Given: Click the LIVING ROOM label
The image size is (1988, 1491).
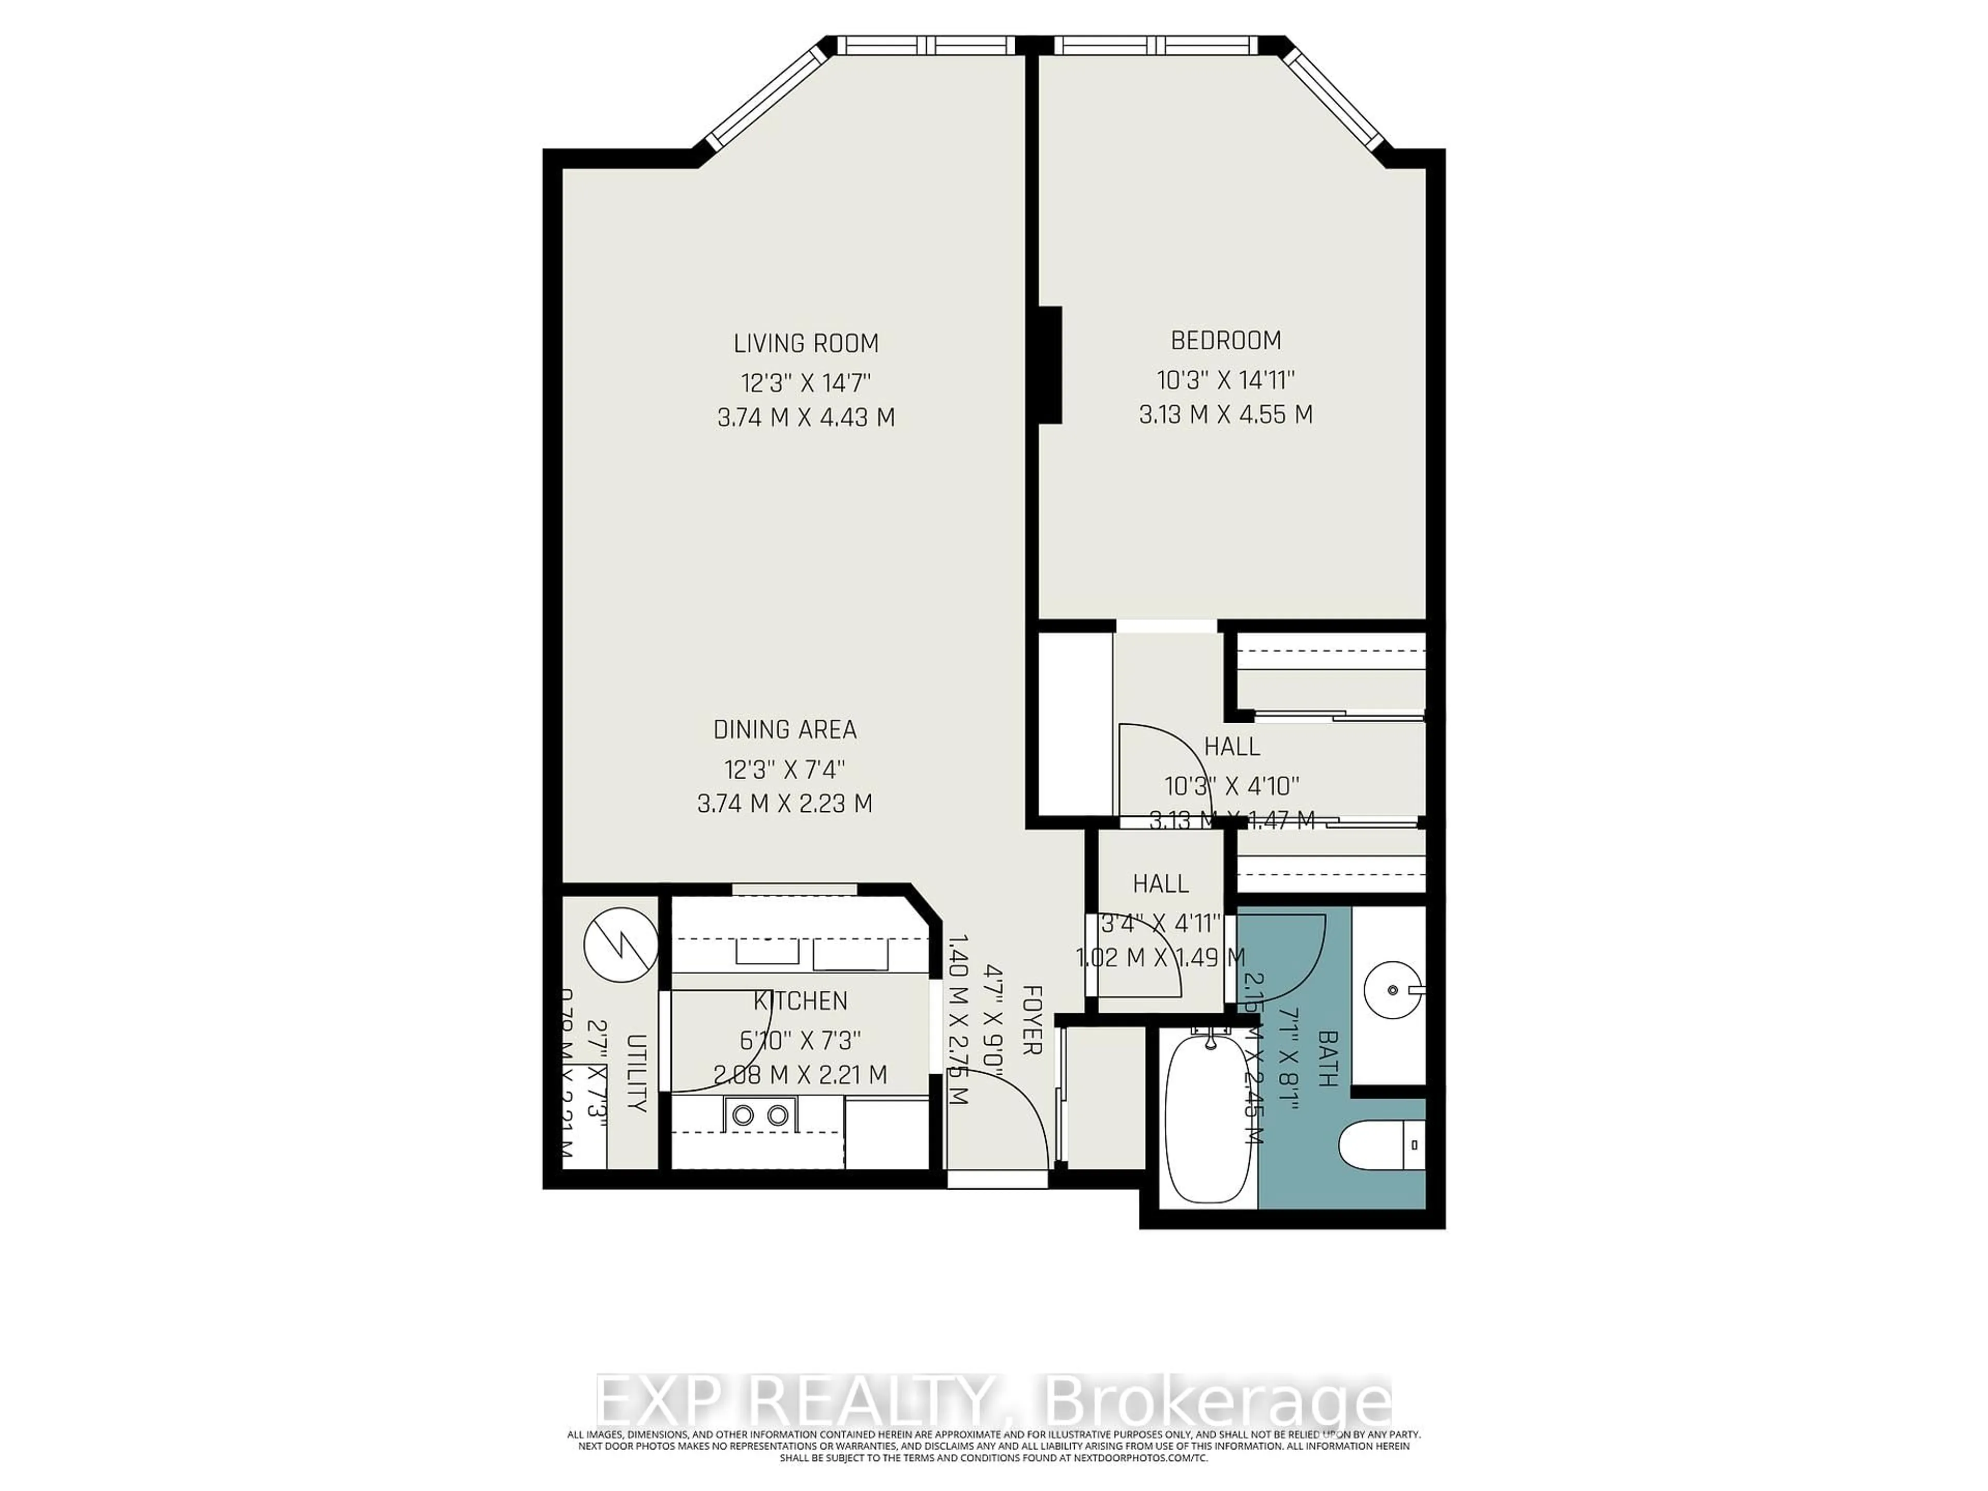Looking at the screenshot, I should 806,343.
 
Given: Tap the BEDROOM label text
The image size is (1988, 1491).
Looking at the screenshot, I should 1226,341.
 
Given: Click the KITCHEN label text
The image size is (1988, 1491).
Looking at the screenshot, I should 800,1000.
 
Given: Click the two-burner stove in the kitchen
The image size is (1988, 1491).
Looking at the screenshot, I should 759,1115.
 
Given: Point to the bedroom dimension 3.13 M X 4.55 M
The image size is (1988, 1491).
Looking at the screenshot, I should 1226,414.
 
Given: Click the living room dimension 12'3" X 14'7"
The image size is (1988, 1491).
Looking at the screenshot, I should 806,384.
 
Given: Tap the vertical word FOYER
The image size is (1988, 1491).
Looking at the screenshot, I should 1032,1019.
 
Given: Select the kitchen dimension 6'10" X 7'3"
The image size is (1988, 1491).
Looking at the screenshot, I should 800,1040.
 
